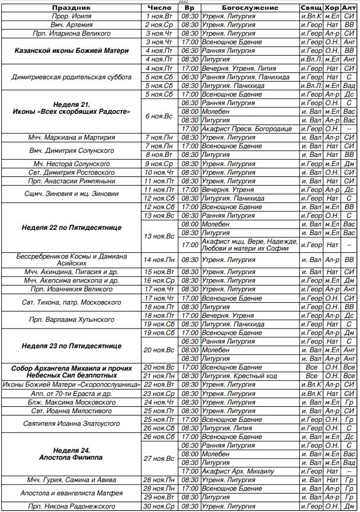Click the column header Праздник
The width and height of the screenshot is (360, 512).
click(x=71, y=8)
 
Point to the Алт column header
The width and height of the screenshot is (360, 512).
click(x=348, y=8)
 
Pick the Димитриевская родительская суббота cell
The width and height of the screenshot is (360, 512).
click(x=71, y=76)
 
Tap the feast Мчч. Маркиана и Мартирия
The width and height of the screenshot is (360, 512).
click(x=71, y=138)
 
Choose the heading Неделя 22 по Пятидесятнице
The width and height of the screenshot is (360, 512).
click(x=71, y=228)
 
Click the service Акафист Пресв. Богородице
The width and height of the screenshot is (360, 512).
click(x=240, y=129)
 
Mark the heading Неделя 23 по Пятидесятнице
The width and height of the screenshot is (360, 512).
click(x=71, y=346)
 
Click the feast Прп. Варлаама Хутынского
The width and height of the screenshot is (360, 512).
click(x=71, y=319)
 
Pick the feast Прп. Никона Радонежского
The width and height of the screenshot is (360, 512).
click(x=71, y=506)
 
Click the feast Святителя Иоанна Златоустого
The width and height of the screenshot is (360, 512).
click(x=71, y=424)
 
